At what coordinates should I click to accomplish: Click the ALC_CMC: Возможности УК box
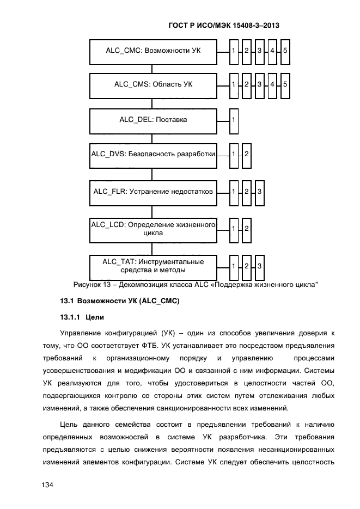(152, 51)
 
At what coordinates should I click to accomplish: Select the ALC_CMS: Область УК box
(152, 84)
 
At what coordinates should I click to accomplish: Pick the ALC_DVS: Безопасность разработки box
(152, 155)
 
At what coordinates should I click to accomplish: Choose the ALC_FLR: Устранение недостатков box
(152, 192)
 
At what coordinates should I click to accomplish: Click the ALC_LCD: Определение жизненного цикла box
(152, 229)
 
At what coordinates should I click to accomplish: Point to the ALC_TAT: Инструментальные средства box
(152, 266)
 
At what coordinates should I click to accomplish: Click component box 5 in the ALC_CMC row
(285, 51)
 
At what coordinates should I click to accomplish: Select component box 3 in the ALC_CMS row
(259, 85)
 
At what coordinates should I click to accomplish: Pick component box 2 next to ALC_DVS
(246, 155)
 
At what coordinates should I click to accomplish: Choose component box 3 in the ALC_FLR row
(259, 192)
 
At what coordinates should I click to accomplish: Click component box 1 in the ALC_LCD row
(234, 229)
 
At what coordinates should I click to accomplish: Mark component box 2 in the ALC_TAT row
(246, 266)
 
